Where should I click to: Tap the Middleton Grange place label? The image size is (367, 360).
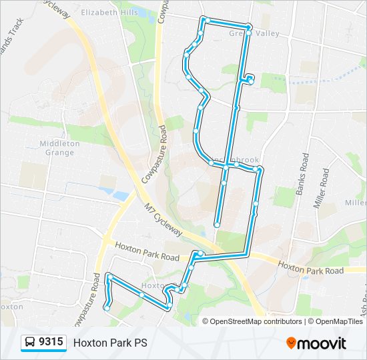tap(59, 147)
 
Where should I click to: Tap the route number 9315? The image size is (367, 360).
tap(51, 342)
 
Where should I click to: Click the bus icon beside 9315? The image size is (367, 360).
tap(30, 343)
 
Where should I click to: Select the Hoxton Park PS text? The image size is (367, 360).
tap(110, 343)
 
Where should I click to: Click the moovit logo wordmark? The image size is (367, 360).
tap(322, 343)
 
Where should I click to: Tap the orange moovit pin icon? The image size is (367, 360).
tap(291, 343)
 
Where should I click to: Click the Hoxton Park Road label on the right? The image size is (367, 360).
tap(310, 269)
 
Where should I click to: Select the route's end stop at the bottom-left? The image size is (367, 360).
tap(106, 307)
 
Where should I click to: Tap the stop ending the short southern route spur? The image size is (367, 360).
tap(217, 225)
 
